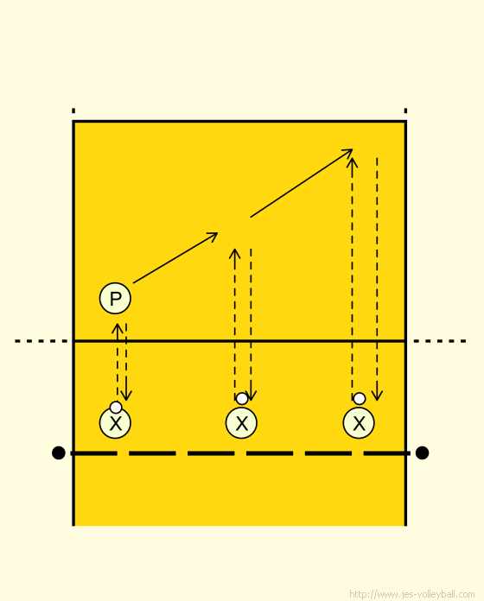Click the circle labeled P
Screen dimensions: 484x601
(115, 298)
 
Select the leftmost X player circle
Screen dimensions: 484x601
(115, 423)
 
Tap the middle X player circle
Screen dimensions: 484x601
(241, 423)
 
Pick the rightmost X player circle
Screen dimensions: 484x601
(359, 423)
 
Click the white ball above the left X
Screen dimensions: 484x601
(116, 407)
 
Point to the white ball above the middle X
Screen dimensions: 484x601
(242, 399)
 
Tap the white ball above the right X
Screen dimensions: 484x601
(359, 399)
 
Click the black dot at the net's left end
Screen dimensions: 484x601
(58, 452)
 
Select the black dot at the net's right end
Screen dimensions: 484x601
(422, 452)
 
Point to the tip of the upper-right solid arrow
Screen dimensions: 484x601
(352, 150)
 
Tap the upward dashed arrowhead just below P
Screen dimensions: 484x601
(118, 325)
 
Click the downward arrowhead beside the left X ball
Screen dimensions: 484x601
(126, 400)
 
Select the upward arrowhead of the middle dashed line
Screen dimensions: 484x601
(235, 250)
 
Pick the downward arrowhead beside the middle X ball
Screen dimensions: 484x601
(251, 400)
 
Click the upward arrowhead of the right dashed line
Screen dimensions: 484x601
(352, 158)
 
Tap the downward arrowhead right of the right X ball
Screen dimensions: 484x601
(377, 400)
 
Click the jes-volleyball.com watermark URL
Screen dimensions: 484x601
(412, 594)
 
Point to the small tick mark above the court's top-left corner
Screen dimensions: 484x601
(73, 111)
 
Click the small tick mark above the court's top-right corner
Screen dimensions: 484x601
(405, 111)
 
